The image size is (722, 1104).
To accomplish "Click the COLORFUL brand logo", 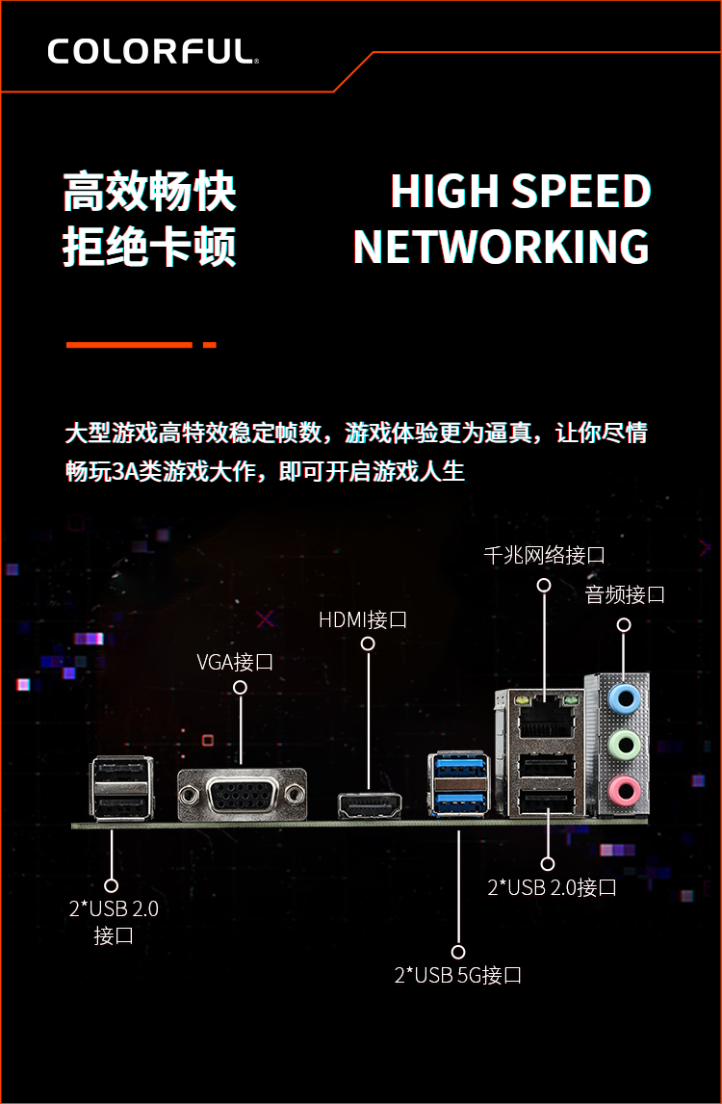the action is tap(153, 51).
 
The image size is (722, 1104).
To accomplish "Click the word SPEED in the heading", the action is tap(581, 192).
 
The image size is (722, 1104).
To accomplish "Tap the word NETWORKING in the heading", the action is tap(501, 248).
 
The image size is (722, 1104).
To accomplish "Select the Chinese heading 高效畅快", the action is tap(149, 192).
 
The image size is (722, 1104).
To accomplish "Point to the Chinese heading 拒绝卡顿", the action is tap(149, 247).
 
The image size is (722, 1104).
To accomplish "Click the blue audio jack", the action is tap(624, 699).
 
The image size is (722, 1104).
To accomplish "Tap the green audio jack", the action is tap(624, 745).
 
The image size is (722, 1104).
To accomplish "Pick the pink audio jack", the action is tap(624, 790).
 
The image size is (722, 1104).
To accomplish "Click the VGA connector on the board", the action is tap(242, 795).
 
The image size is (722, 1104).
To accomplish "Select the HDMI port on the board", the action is tap(370, 805).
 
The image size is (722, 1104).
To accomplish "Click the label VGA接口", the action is tap(234, 662).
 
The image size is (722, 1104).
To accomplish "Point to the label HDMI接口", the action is tap(362, 619).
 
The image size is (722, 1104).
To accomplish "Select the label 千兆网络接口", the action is tap(544, 555).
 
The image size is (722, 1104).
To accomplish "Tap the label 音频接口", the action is tap(625, 594).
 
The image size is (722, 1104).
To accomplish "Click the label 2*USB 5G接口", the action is tap(458, 975).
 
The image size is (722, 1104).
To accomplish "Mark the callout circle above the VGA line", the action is tap(240, 687).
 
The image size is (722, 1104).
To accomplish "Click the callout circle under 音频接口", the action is tap(624, 624).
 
